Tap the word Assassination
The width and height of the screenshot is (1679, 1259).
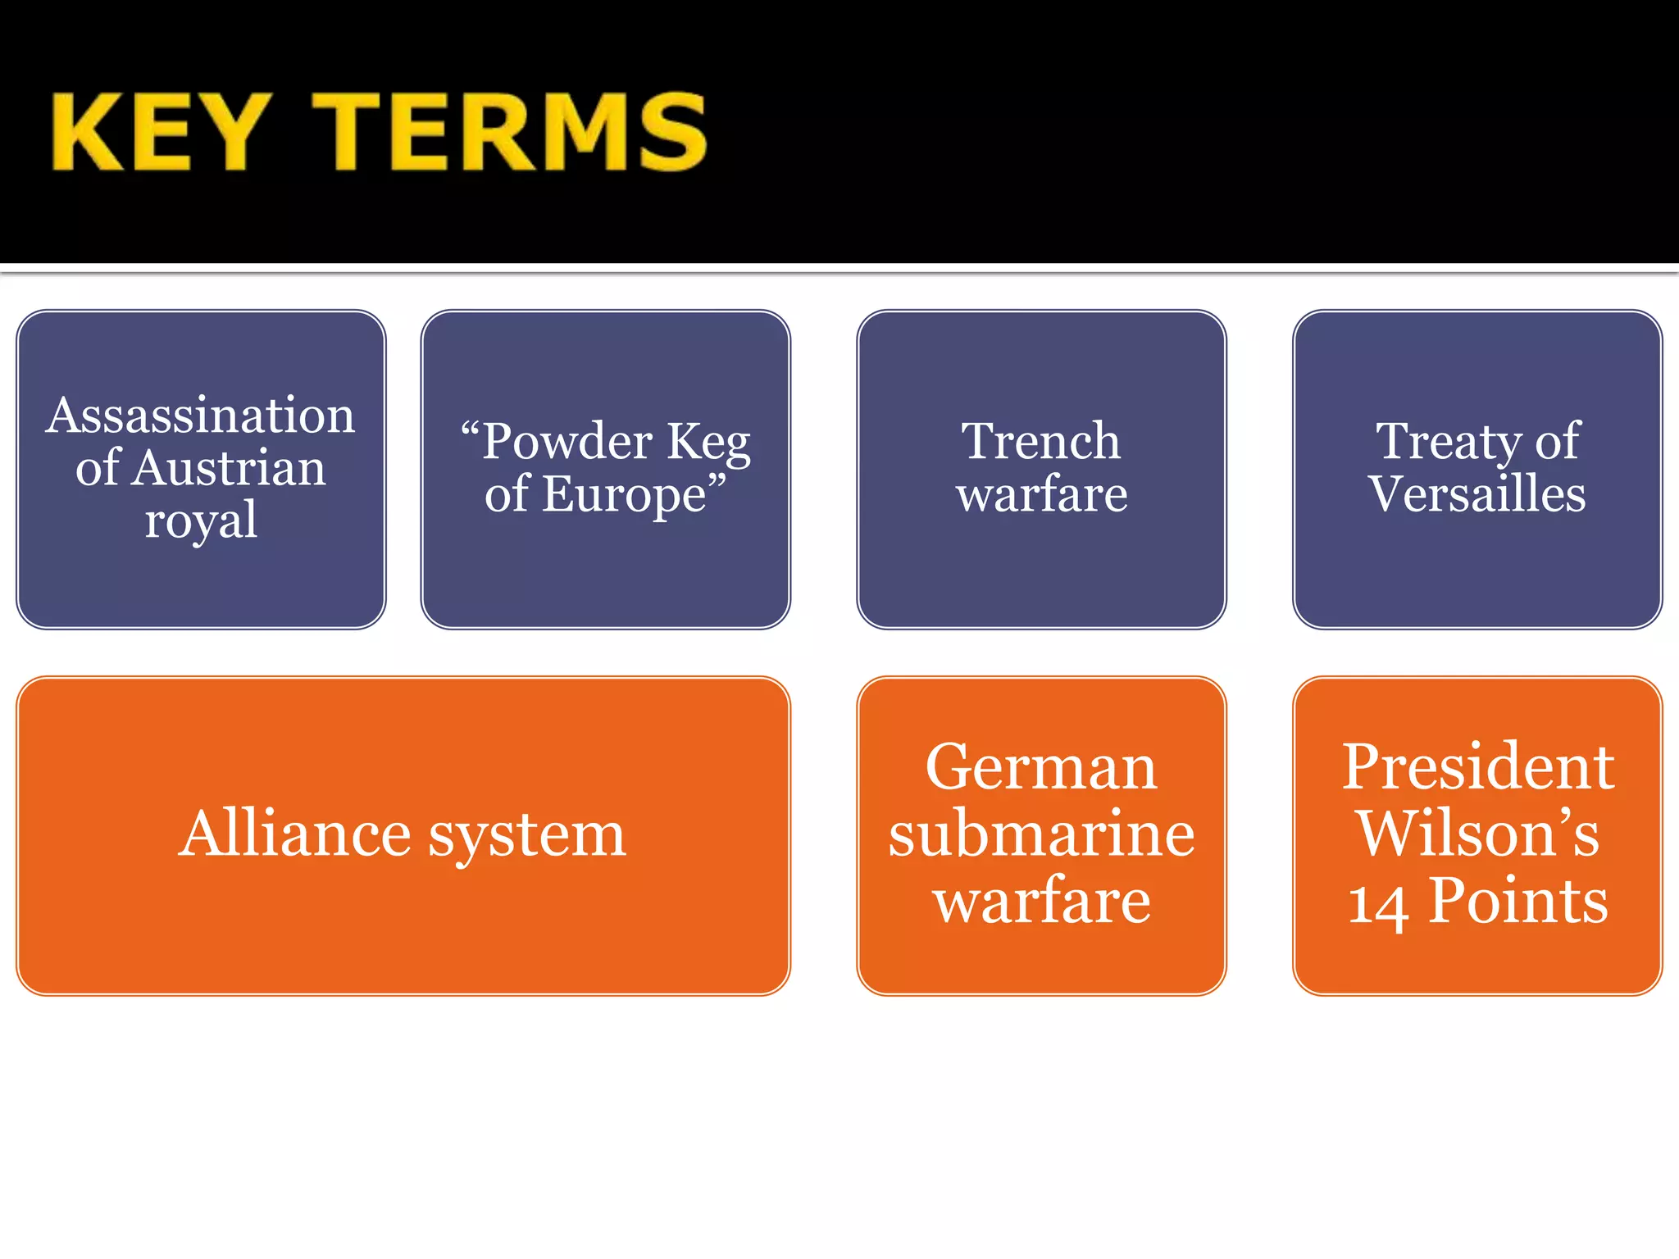(201, 416)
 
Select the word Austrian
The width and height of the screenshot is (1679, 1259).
(230, 468)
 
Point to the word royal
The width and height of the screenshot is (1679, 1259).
(201, 521)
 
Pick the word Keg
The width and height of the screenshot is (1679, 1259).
(708, 443)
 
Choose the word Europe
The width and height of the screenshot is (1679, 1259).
(624, 495)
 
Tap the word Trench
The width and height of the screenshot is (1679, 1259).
(1040, 442)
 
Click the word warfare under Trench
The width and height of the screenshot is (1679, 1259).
(1041, 494)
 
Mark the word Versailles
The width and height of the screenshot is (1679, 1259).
(1477, 494)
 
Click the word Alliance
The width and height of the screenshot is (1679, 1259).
(295, 834)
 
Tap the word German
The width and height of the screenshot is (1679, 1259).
(1041, 768)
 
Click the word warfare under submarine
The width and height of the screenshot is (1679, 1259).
(1041, 901)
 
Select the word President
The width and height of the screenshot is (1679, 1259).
(1477, 768)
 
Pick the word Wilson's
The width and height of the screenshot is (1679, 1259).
(1477, 834)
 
